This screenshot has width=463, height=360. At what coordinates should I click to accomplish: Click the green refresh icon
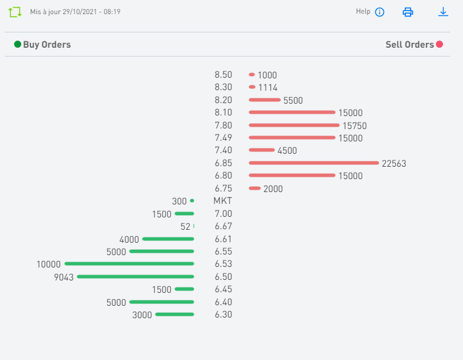point(15,12)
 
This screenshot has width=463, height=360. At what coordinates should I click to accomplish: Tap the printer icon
point(408,12)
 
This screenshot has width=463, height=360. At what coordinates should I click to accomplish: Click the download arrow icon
point(443,12)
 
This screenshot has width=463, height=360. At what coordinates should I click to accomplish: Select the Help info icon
point(379,12)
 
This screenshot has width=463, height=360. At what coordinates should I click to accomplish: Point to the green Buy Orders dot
point(18,44)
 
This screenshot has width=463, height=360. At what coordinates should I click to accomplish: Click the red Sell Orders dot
point(439,44)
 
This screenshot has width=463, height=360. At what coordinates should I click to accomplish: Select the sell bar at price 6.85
point(313,163)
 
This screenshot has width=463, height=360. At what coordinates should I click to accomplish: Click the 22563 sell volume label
point(394,164)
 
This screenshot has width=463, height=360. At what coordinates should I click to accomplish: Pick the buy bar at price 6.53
point(129,263)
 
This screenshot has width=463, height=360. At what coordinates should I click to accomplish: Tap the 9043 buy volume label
point(64,277)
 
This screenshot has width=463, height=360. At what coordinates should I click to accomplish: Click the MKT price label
point(223,202)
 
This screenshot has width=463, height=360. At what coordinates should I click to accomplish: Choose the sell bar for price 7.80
point(295,125)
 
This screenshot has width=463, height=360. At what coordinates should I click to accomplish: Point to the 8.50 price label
point(223,75)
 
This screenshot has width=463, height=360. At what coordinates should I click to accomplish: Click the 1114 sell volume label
point(267,88)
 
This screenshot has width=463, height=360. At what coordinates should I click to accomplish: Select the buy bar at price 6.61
point(168,239)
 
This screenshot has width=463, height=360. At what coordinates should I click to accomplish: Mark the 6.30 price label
point(223,315)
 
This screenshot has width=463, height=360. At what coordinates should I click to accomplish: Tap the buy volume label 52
point(186,226)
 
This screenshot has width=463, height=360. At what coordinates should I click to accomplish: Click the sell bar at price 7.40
point(262,150)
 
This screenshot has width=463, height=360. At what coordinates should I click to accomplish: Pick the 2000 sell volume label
point(273,189)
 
